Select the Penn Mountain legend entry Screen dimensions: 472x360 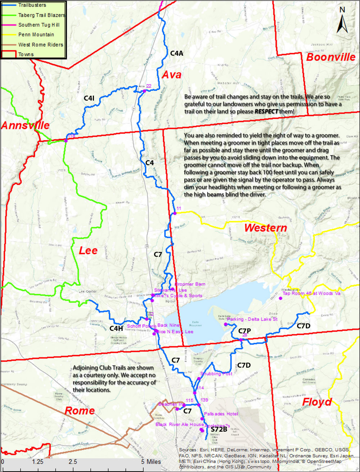click(36, 35)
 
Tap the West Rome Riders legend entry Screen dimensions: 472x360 click(40, 45)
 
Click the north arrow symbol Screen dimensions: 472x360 click(342, 21)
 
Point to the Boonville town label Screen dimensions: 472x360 click(330, 57)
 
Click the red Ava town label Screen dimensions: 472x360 click(171, 75)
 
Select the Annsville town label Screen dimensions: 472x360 click(25, 126)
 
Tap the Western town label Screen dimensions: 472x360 click(265, 228)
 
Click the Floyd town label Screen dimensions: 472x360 click(317, 402)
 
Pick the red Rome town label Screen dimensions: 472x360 click(80, 411)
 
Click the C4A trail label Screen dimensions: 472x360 click(177, 53)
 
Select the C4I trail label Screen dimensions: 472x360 click(89, 98)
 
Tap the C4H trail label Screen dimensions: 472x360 click(116, 328)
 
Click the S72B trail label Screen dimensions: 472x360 click(219, 429)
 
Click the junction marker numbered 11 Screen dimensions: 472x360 click(175, 213)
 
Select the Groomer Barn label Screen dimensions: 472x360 click(190, 284)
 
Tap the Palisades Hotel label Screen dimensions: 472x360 click(221, 414)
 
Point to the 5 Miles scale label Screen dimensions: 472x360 click(151, 462)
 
